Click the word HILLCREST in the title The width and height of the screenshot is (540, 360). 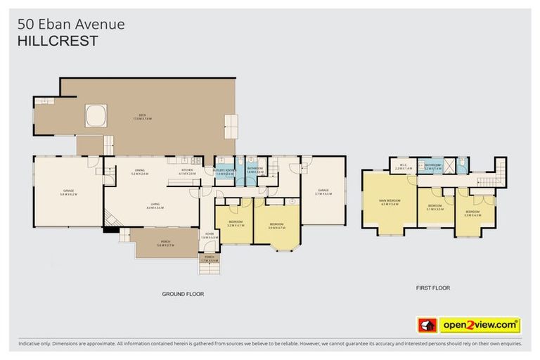point(58,41)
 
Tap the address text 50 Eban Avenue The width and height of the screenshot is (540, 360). point(70,25)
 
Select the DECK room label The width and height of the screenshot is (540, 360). point(142,117)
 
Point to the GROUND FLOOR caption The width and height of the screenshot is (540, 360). point(183,294)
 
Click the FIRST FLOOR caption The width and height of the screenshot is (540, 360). point(432,288)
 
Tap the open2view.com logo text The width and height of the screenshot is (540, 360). point(480,325)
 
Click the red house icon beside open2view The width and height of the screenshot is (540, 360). point(427,325)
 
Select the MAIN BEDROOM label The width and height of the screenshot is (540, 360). point(389,202)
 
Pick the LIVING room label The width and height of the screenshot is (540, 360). point(155,207)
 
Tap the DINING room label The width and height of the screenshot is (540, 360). point(139,171)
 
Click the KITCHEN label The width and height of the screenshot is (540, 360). point(187,171)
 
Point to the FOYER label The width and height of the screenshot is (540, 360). point(210,236)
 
